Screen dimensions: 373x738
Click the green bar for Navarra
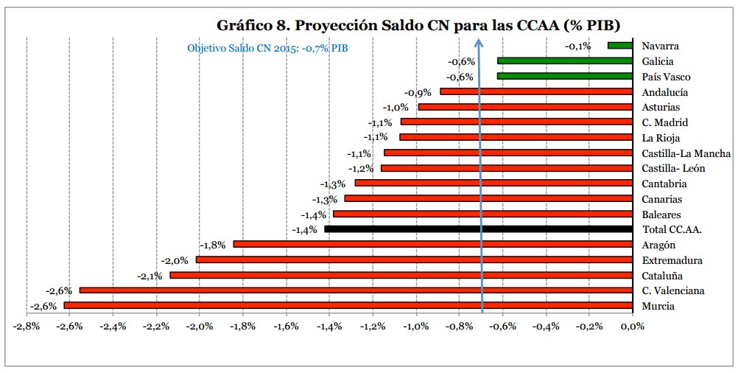pyautogui.click(x=620, y=46)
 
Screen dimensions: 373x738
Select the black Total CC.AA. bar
pyautogui.click(x=478, y=229)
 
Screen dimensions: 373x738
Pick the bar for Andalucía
pyautogui.click(x=536, y=91)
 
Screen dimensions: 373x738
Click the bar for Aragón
pyautogui.click(x=432, y=244)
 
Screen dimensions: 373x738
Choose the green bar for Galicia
pyautogui.click(x=565, y=61)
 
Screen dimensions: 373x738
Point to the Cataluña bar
pyautogui.click(x=401, y=275)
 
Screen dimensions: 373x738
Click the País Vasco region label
pyautogui.click(x=666, y=77)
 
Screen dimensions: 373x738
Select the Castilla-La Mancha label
pyautogui.click(x=686, y=153)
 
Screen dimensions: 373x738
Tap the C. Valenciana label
pyautogui.click(x=672, y=290)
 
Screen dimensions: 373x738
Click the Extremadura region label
pyautogui.click(x=672, y=260)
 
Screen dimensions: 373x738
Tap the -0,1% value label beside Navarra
pyautogui.click(x=578, y=46)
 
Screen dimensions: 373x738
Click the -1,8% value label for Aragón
pyautogui.click(x=212, y=245)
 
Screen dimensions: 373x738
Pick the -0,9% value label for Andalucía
pyautogui.click(x=418, y=93)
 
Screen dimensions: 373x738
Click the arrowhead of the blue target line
pyautogui.click(x=478, y=42)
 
